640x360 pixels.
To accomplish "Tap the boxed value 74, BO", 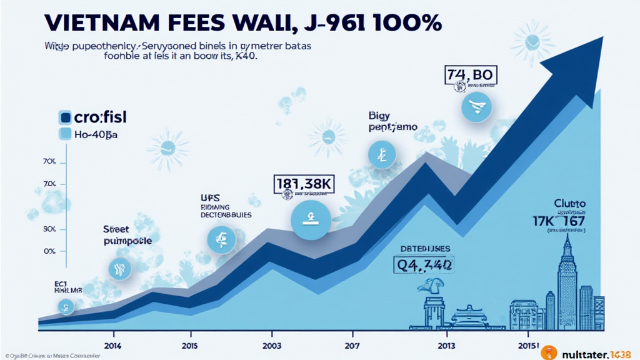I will tap(470, 75).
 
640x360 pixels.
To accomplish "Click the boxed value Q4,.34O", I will tap(424, 264).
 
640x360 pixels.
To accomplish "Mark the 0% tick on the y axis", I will tap(51, 251).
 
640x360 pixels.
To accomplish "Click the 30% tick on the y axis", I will tap(50, 229).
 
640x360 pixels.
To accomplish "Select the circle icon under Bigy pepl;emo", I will tap(381, 155).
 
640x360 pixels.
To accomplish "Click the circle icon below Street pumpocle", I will tap(119, 269).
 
